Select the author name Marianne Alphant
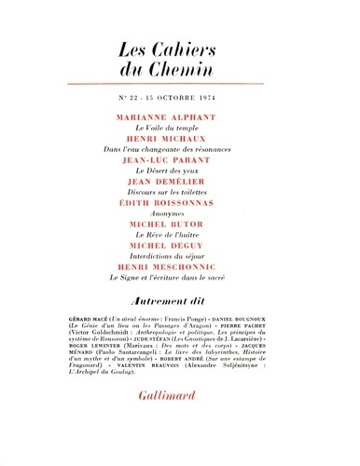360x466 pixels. pos(181,118)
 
